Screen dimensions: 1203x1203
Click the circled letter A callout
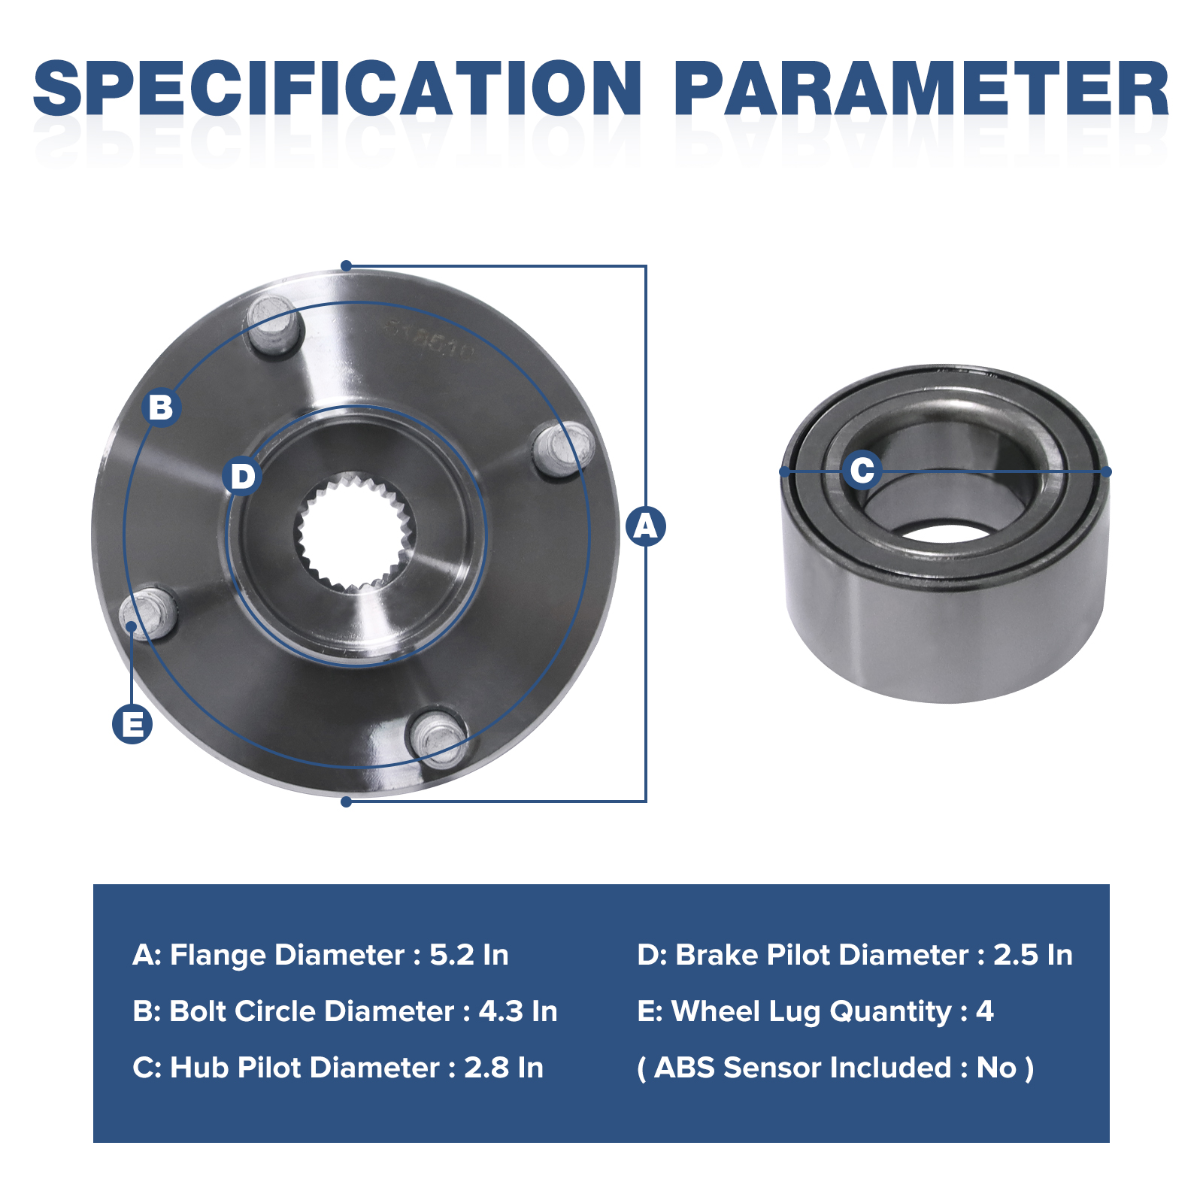(x=646, y=526)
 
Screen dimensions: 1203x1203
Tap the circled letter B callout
(x=161, y=407)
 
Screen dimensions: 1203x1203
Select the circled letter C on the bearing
(x=862, y=470)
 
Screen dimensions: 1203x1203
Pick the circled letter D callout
(x=242, y=476)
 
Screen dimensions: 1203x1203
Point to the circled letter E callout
(x=132, y=724)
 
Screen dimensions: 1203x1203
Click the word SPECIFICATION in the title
(x=338, y=89)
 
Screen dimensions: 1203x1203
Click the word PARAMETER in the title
(x=922, y=89)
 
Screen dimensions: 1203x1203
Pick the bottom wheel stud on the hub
(x=438, y=737)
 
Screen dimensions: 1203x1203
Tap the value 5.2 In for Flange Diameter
(x=469, y=955)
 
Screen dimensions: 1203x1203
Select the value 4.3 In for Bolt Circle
(x=518, y=1011)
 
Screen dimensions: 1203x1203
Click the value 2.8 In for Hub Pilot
(x=504, y=1068)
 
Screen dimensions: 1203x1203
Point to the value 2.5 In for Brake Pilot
(x=1033, y=955)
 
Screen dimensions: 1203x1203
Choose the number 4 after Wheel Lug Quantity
(x=985, y=1011)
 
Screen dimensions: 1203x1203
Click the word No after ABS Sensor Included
(x=997, y=1068)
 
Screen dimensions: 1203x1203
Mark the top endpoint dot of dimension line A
(x=346, y=265)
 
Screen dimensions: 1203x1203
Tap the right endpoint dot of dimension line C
(x=1106, y=471)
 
